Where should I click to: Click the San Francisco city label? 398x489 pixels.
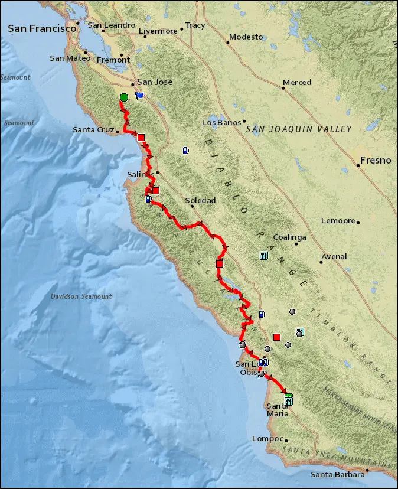coord(43,28)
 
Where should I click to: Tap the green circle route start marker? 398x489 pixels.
coord(123,97)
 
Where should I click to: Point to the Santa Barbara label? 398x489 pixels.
coord(337,475)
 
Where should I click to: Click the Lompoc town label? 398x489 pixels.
coord(265,439)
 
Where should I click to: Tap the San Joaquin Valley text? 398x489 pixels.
coord(299,129)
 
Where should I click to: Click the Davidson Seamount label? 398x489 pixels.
coord(81,296)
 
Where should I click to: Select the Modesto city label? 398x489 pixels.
coord(246,37)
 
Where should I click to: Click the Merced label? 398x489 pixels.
coord(297,82)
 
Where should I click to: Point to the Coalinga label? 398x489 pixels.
coord(289,237)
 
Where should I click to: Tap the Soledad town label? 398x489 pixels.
coord(200,201)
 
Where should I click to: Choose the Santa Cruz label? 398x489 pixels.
coord(93,129)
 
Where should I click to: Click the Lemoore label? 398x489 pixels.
coord(338,221)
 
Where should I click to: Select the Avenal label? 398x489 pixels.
coord(334,257)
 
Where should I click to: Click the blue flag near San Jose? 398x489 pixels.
coord(139,94)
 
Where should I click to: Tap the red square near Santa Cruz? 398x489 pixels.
coord(141,138)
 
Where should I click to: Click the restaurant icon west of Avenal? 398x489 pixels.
coord(264,256)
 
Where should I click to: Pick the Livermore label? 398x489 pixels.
coord(158,31)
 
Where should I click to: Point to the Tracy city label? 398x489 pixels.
coord(195,25)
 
